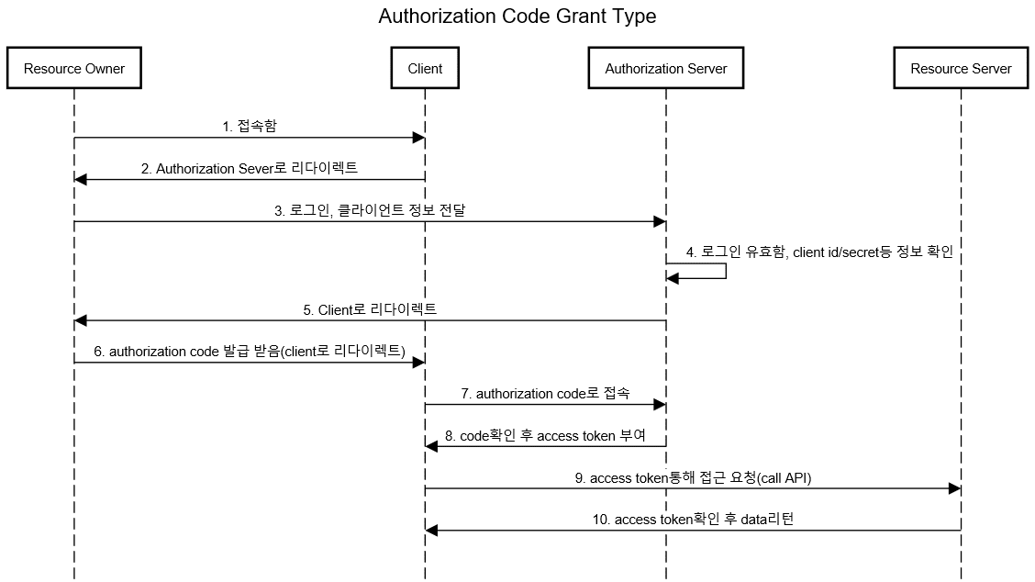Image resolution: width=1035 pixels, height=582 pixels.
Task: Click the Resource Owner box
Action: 74,68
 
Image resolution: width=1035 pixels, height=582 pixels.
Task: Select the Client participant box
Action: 425,68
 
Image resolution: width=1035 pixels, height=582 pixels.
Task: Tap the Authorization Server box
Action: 666,68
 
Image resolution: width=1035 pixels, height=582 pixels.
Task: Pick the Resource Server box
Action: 961,68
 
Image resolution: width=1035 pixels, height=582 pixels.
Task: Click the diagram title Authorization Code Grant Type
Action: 517,16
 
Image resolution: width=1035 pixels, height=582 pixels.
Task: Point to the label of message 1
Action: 250,126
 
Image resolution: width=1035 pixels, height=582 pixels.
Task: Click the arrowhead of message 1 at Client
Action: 418,138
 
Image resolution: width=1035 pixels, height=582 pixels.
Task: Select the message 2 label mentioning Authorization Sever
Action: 250,169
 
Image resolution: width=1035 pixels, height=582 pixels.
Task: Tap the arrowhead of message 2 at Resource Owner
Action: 81,179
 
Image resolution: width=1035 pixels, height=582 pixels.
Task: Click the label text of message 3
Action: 370,211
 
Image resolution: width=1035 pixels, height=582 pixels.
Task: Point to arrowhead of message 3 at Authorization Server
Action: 660,221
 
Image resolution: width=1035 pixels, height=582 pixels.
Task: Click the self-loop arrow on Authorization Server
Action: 726,271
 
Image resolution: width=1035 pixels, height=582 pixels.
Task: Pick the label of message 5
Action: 370,310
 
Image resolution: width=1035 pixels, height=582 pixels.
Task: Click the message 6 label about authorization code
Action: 250,352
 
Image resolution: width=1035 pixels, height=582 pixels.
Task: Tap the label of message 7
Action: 545,394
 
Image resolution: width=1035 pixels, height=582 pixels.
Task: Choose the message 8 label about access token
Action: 545,436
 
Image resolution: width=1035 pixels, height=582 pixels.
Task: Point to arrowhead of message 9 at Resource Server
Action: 954,488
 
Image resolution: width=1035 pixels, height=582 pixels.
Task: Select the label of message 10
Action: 693,520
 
